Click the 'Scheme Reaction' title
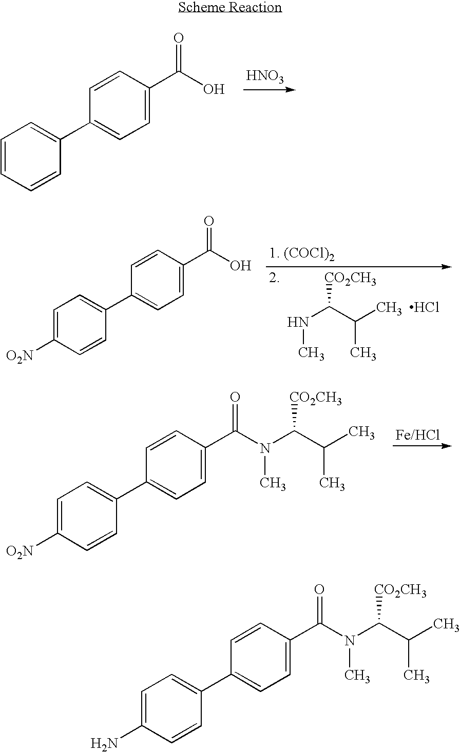pos(230,7)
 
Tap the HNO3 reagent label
pos(265,76)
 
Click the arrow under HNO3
pos(270,90)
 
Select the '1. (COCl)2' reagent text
pos(302,254)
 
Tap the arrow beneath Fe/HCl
pos(422,446)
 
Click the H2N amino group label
pos(105,743)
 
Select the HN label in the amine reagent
pos(298,323)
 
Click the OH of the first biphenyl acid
pos(214,89)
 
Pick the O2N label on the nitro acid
pos(20,355)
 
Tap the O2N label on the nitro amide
pos(20,551)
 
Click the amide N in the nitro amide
pos(265,448)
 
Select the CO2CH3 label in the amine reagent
pos(350,279)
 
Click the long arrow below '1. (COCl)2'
pos(359,267)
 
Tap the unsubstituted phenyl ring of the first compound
pos(31,157)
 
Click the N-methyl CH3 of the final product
pos(357,676)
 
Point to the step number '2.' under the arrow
pos(274,278)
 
